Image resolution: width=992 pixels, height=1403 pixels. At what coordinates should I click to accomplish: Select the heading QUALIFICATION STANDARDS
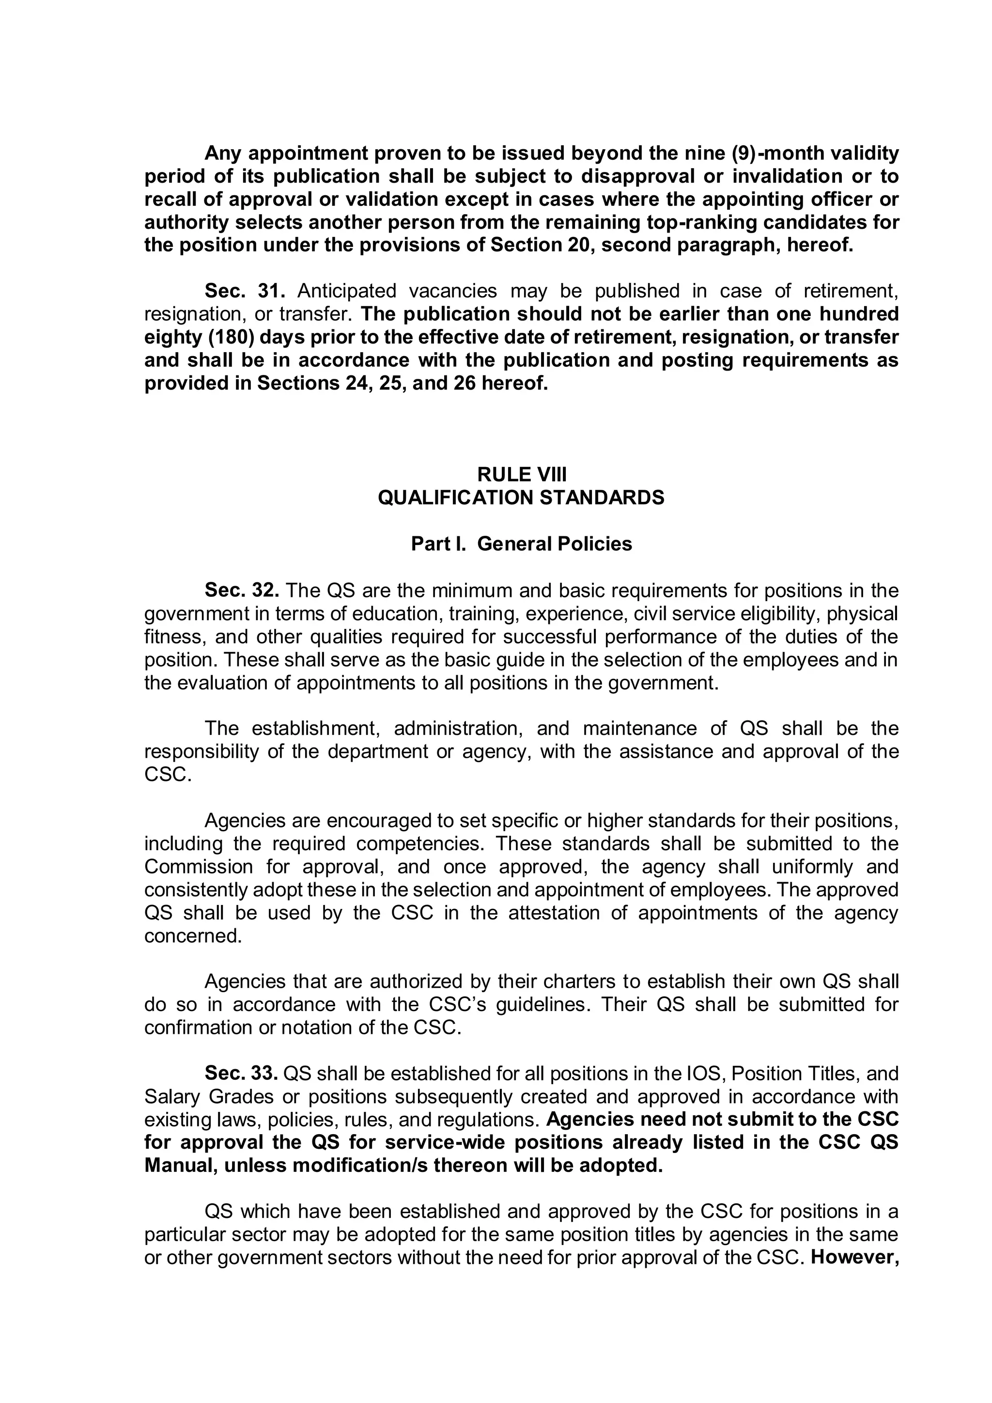[521, 498]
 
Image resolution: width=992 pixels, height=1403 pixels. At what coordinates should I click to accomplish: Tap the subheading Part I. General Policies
[521, 544]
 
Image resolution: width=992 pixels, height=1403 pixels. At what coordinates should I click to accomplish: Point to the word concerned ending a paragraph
[193, 936]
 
